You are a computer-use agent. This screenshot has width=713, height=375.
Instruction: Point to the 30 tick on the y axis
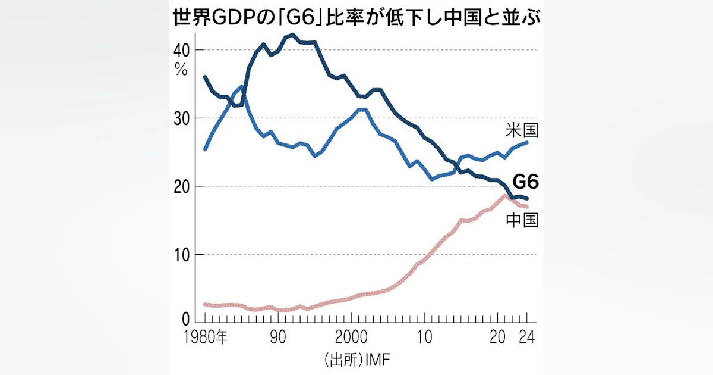[x=181, y=118]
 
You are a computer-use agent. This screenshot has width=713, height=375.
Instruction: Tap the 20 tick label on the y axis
[x=181, y=186]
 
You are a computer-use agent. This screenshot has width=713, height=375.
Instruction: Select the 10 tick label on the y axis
[x=181, y=255]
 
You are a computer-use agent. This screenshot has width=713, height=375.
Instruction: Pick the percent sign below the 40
[x=181, y=68]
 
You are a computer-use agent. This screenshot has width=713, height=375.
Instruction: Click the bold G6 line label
[x=525, y=181]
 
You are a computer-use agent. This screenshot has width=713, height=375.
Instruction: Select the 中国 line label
[x=522, y=220]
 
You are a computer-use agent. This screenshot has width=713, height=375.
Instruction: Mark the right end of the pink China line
[x=526, y=207]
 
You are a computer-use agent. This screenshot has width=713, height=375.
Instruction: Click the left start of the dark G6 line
[x=205, y=77]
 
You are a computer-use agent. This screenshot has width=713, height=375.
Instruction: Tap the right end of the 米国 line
[x=526, y=142]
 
